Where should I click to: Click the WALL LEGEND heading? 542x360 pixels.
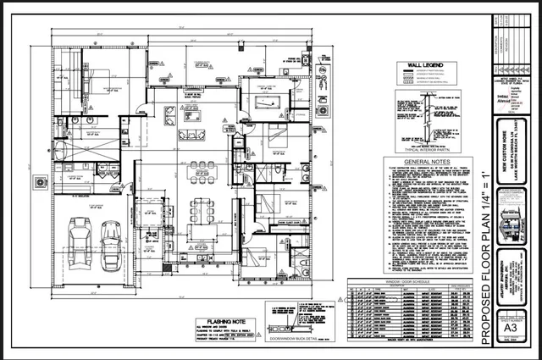[x=426, y=64]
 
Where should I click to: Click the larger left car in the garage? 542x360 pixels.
[x=81, y=240]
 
